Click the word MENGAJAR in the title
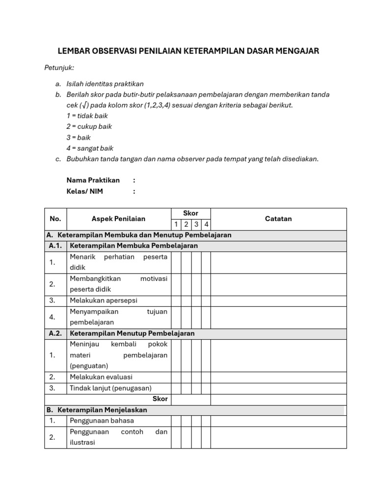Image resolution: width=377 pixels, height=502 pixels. pos(293,51)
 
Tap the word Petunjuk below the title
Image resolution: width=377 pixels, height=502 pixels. pos(59,68)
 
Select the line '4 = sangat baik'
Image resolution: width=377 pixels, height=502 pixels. pos(90,148)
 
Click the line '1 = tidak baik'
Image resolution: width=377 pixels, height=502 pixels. pos(87,116)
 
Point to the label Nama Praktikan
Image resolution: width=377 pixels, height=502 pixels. pos(93,180)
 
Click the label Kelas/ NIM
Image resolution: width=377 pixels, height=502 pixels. pos(84,191)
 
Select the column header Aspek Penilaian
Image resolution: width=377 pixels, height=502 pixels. pos(118,219)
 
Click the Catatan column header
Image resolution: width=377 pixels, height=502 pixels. pos(278,219)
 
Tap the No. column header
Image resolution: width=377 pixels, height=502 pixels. pos(55,219)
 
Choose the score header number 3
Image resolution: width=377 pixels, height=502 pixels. pos(196,225)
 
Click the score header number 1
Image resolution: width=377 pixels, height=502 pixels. pos(176,225)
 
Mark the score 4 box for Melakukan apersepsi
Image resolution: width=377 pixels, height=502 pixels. pos(206,301)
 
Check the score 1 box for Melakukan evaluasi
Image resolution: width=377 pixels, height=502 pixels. pos(176,377)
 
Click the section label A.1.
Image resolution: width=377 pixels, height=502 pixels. pos(55,246)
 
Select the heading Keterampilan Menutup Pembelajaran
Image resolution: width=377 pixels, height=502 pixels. pos(132,333)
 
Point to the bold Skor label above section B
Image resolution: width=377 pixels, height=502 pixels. pos(160,399)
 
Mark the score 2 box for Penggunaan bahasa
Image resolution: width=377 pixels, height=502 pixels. pos(186,421)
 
